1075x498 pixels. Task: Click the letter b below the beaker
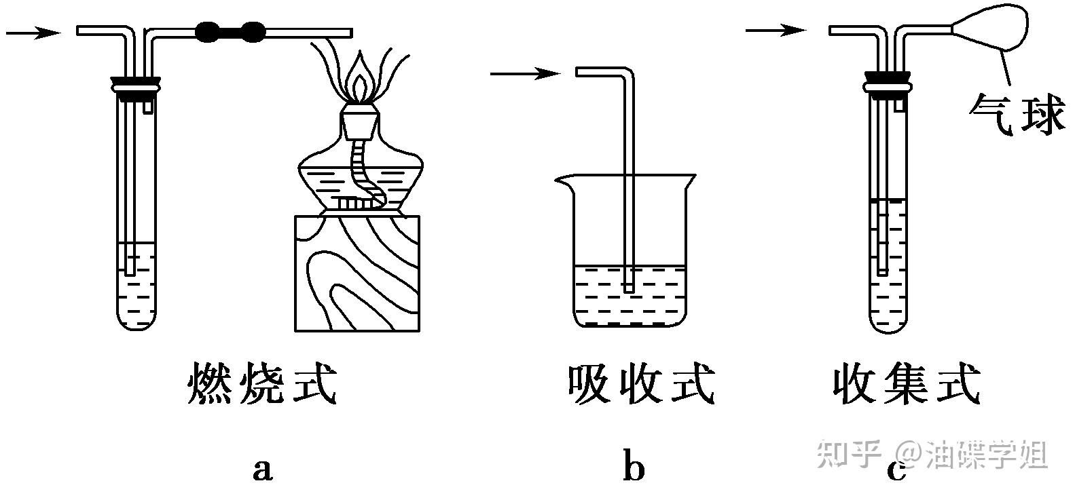[633, 469]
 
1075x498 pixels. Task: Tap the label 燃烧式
[262, 384]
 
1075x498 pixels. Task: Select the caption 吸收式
[640, 384]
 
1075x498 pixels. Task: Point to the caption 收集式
[907, 384]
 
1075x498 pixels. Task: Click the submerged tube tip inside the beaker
[628, 287]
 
